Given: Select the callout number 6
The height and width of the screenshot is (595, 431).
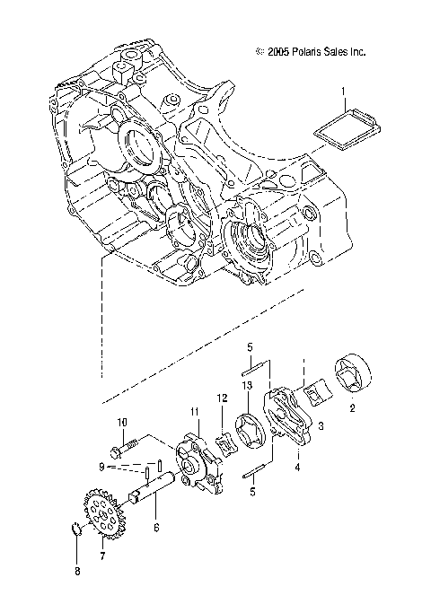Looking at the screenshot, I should coord(157,528).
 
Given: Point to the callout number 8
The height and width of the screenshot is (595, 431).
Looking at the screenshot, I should coord(76,571).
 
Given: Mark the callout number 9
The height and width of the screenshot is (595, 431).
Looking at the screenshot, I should coord(102,468).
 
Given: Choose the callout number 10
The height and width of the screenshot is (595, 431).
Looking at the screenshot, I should coord(123,422).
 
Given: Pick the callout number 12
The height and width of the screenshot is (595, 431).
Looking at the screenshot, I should coord(221,398).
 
